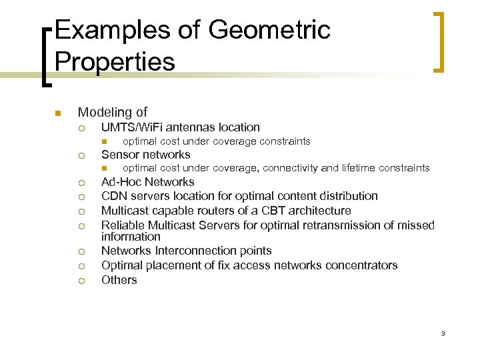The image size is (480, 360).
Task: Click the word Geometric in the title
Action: click(x=270, y=31)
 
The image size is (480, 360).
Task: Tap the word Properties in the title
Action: click(x=115, y=62)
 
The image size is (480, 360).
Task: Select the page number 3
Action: click(x=442, y=333)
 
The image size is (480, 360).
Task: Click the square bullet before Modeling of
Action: click(x=58, y=113)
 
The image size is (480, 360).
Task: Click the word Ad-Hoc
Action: click(x=121, y=182)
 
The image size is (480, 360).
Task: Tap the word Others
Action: click(x=119, y=280)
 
